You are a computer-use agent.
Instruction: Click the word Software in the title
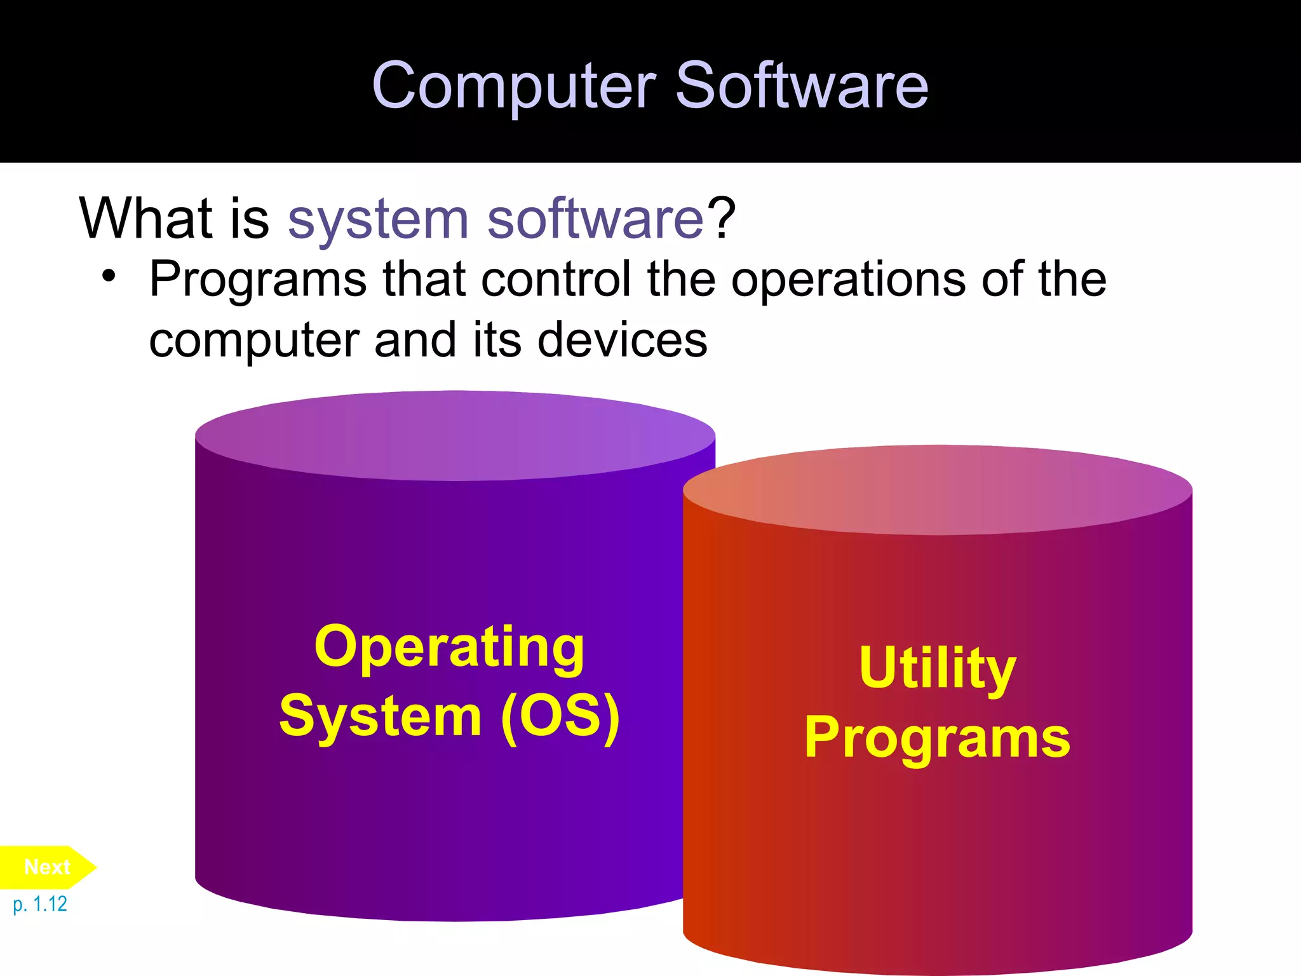[802, 86]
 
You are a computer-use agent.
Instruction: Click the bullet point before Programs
[109, 277]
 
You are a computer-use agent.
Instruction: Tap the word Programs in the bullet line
[258, 280]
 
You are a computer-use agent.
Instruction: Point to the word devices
[622, 340]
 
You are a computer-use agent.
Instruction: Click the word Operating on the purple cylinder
[449, 647]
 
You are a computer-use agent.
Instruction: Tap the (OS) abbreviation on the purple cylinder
[560, 716]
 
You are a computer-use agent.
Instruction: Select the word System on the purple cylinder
[381, 716]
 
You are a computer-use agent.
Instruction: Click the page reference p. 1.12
[40, 904]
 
